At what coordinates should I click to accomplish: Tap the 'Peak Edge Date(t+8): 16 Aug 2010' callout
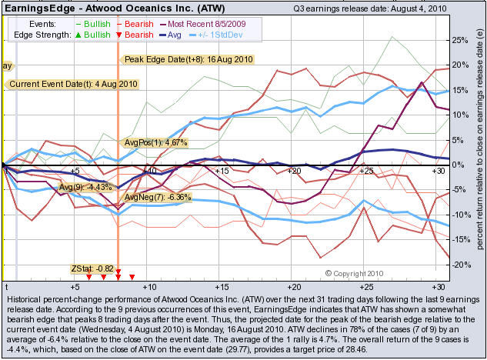click(188, 59)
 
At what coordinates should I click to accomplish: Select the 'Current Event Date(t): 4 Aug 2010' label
click(74, 84)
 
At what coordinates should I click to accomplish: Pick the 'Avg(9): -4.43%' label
click(85, 187)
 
